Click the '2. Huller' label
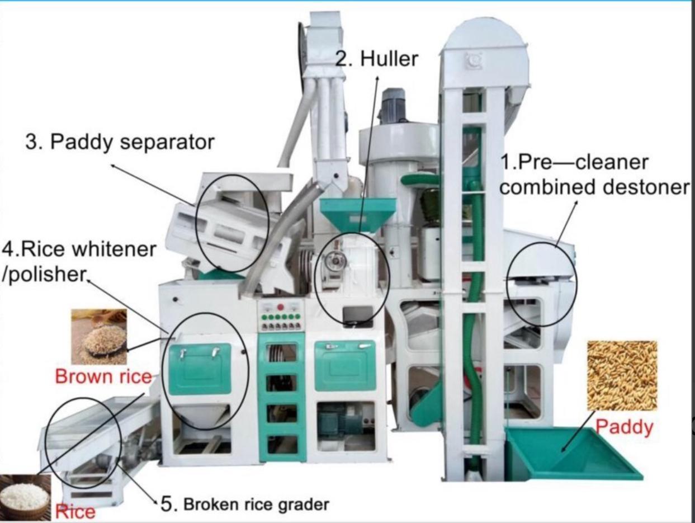pos(377,59)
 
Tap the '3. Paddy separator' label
pos(120,142)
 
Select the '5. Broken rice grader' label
pos(245,503)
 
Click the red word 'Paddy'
pos(624,428)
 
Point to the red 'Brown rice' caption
pos(103,376)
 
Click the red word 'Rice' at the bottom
pos(75,512)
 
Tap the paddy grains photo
pos(622,376)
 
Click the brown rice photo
pos(99,336)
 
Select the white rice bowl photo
pos(25,498)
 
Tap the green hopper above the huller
pos(358,215)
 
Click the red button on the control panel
pos(280,307)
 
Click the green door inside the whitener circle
pos(200,369)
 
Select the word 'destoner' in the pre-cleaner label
pos(646,187)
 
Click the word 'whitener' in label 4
pos(114,249)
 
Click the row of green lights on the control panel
pos(280,317)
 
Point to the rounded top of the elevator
pos(484,38)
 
